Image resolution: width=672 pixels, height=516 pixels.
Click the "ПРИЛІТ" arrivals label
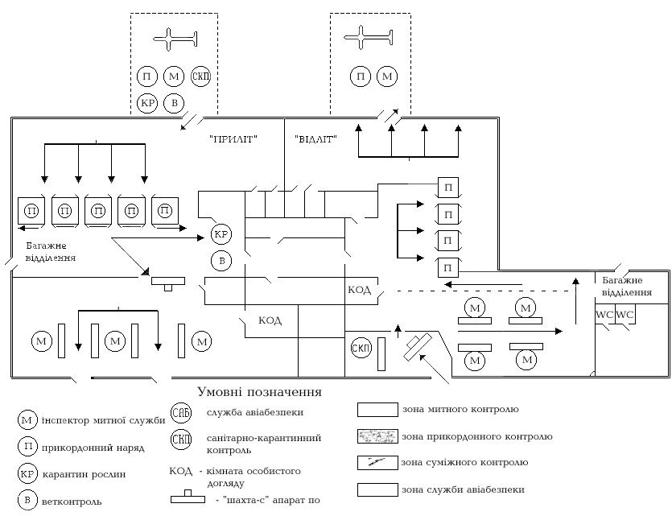coord(233,139)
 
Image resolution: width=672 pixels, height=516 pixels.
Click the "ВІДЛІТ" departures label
coord(315,139)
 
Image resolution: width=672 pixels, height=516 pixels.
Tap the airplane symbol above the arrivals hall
coord(175,39)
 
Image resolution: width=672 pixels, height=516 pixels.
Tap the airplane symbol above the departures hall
coord(369,37)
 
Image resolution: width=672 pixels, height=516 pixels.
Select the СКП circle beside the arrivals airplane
coord(200,76)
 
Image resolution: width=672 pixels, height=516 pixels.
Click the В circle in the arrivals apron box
coord(174,103)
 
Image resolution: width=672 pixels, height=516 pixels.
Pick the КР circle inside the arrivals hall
coord(221,234)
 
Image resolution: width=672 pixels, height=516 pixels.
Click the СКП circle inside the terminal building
coord(361,349)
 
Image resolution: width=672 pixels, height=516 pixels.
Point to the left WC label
coord(604,315)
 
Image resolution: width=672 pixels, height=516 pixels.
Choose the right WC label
coord(625,315)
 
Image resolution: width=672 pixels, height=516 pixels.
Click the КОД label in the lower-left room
coord(270,320)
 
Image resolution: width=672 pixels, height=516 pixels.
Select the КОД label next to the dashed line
coord(359,290)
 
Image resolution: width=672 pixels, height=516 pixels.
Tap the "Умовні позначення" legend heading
coord(259,392)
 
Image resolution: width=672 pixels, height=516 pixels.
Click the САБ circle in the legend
coord(180,413)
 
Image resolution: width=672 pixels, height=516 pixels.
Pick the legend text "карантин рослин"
coord(84,474)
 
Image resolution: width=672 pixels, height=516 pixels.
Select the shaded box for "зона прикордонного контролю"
coord(377,436)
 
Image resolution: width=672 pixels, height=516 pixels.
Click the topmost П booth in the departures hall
coord(447,188)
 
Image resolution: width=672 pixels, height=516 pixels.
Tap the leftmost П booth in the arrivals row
coord(31,211)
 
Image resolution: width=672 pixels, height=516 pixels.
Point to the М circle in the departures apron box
coord(387,76)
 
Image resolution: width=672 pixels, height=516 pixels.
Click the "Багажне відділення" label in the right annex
coord(627,287)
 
